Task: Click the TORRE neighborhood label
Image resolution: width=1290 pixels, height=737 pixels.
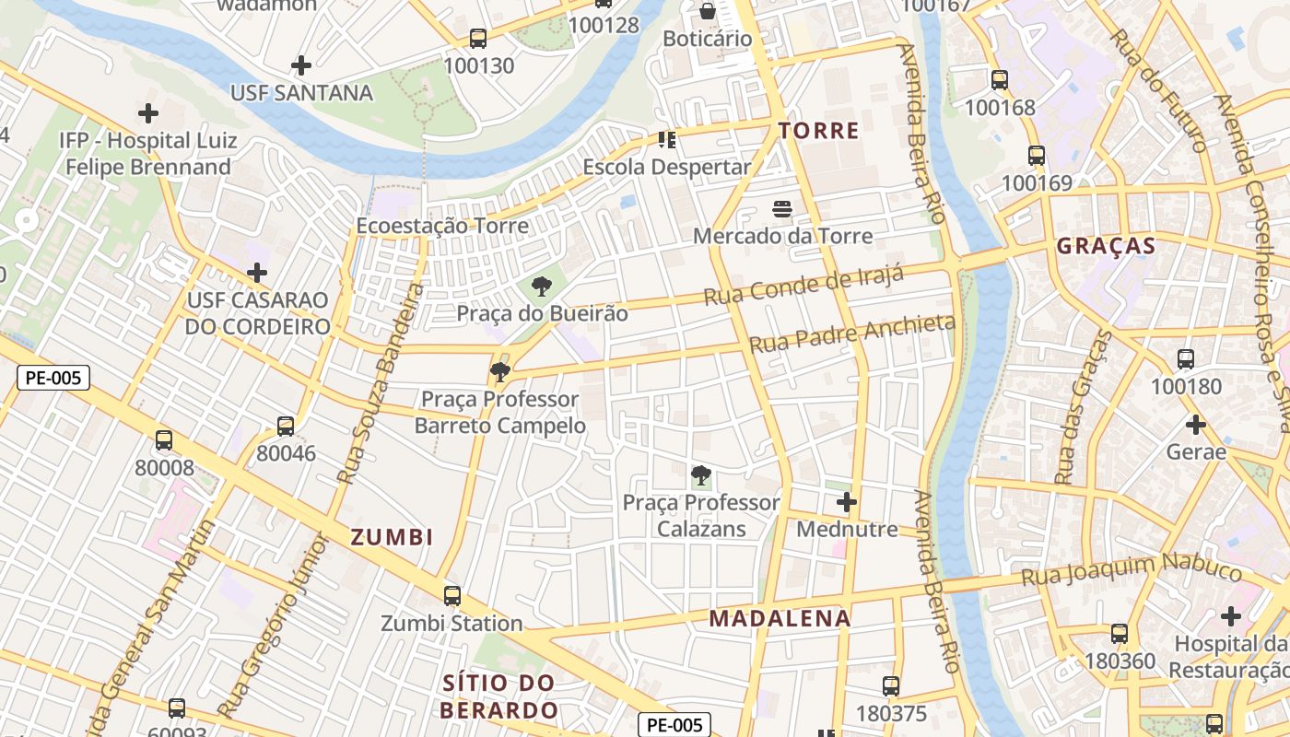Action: [x=818, y=131]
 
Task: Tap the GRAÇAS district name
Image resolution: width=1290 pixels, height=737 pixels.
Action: [x=1105, y=246]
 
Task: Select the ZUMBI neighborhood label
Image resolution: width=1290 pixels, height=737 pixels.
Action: [x=392, y=537]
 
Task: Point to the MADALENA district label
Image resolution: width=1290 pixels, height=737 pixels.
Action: [x=780, y=618]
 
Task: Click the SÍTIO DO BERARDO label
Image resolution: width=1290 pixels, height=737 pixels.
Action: [x=498, y=696]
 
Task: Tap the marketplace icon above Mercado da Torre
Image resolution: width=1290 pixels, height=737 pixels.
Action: [x=782, y=209]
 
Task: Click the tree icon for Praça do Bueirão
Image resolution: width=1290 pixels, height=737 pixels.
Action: [x=542, y=287]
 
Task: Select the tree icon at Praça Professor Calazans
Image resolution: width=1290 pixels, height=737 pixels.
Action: [x=701, y=476]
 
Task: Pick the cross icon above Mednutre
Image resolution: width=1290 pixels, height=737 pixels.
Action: [x=846, y=502]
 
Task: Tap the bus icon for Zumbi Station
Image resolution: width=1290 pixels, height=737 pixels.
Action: [x=451, y=596]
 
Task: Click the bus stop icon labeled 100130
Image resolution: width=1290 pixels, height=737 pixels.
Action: [x=478, y=39]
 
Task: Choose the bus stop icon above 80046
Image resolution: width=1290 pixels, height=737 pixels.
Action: [x=286, y=427]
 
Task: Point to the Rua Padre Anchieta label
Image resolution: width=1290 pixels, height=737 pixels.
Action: [x=852, y=333]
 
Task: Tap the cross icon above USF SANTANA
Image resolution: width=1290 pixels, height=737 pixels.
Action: [x=300, y=65]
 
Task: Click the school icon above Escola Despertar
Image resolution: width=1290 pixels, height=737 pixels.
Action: [x=666, y=140]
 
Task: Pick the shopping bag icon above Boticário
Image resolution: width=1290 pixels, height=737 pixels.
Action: [x=707, y=11]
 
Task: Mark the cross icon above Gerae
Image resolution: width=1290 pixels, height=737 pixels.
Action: [x=1196, y=425]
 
